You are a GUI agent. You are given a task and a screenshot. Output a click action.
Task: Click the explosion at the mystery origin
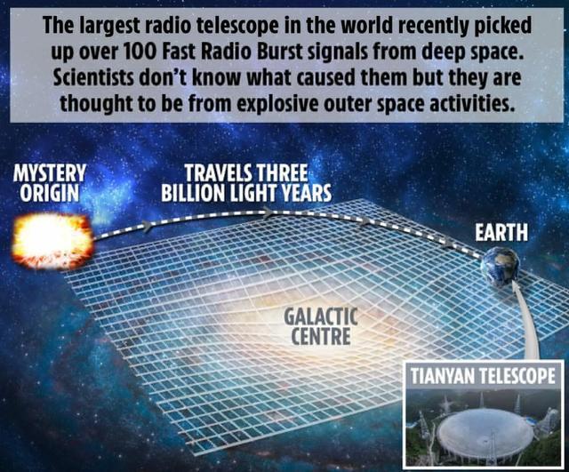pyautogui.click(x=52, y=237)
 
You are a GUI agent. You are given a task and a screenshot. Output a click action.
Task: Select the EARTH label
pyautogui.click(x=501, y=233)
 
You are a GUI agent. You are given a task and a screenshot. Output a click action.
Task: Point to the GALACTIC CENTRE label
pyautogui.click(x=320, y=325)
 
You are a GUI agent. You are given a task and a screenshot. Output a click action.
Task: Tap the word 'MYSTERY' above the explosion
pyautogui.click(x=50, y=171)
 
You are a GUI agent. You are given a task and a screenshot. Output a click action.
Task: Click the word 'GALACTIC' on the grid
pyautogui.click(x=320, y=316)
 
